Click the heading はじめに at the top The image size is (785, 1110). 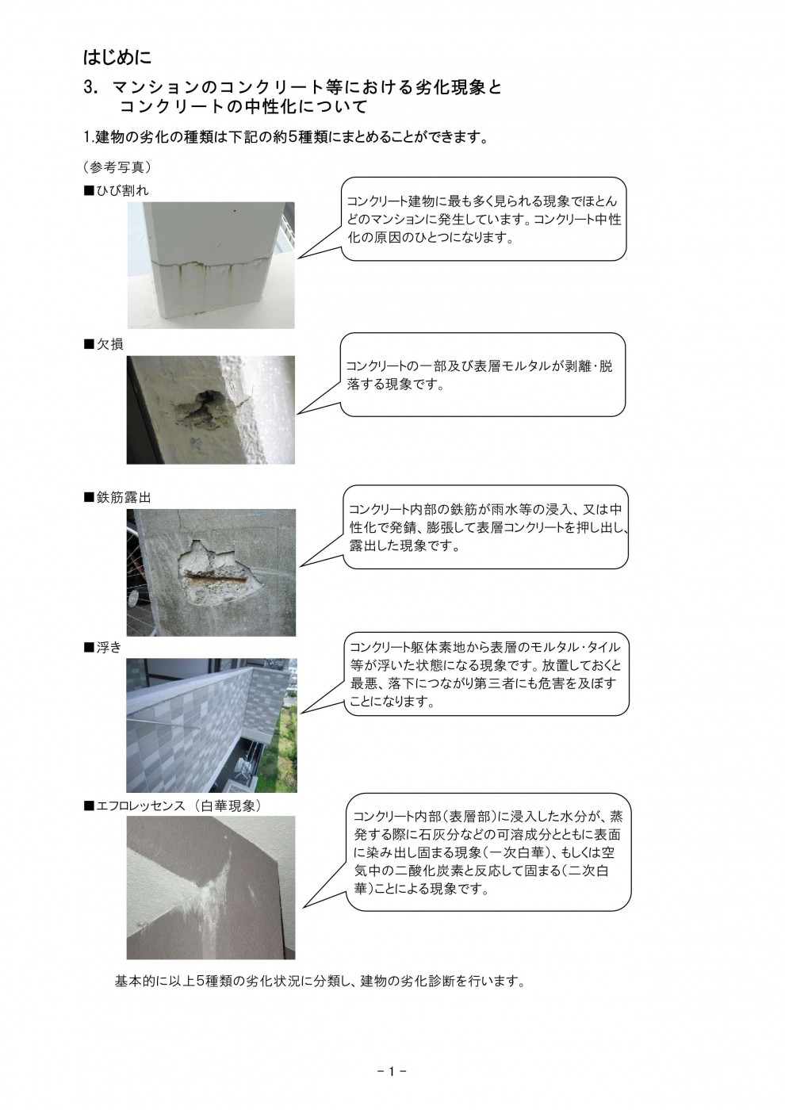[117, 58]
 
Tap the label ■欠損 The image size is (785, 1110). [104, 345]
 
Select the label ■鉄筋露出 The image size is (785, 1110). [117, 497]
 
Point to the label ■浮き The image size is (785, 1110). [104, 648]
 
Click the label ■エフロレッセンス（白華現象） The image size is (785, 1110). [173, 805]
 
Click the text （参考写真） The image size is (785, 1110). [117, 167]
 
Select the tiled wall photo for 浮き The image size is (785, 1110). [211, 725]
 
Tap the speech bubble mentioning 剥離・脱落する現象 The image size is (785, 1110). [482, 376]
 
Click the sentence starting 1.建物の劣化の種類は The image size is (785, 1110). [284, 137]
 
